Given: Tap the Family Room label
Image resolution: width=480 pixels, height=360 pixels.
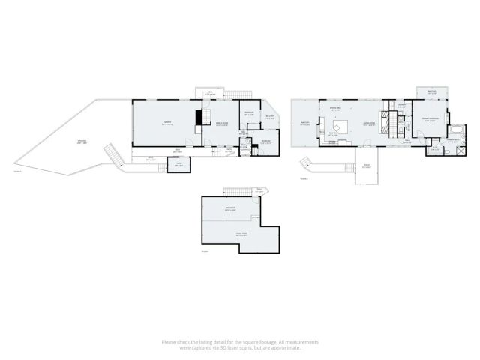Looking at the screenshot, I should click(222, 124).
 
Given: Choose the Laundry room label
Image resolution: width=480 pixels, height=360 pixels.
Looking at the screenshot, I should click(402, 105).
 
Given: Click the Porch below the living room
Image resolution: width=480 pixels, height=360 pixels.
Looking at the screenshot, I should click(366, 166).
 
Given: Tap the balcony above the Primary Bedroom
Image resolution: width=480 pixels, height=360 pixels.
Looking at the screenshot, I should click(431, 91).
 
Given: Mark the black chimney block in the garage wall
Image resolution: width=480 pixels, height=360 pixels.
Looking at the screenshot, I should click(199, 118).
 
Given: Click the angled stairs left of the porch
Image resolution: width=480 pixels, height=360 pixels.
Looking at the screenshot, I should click(305, 164).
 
